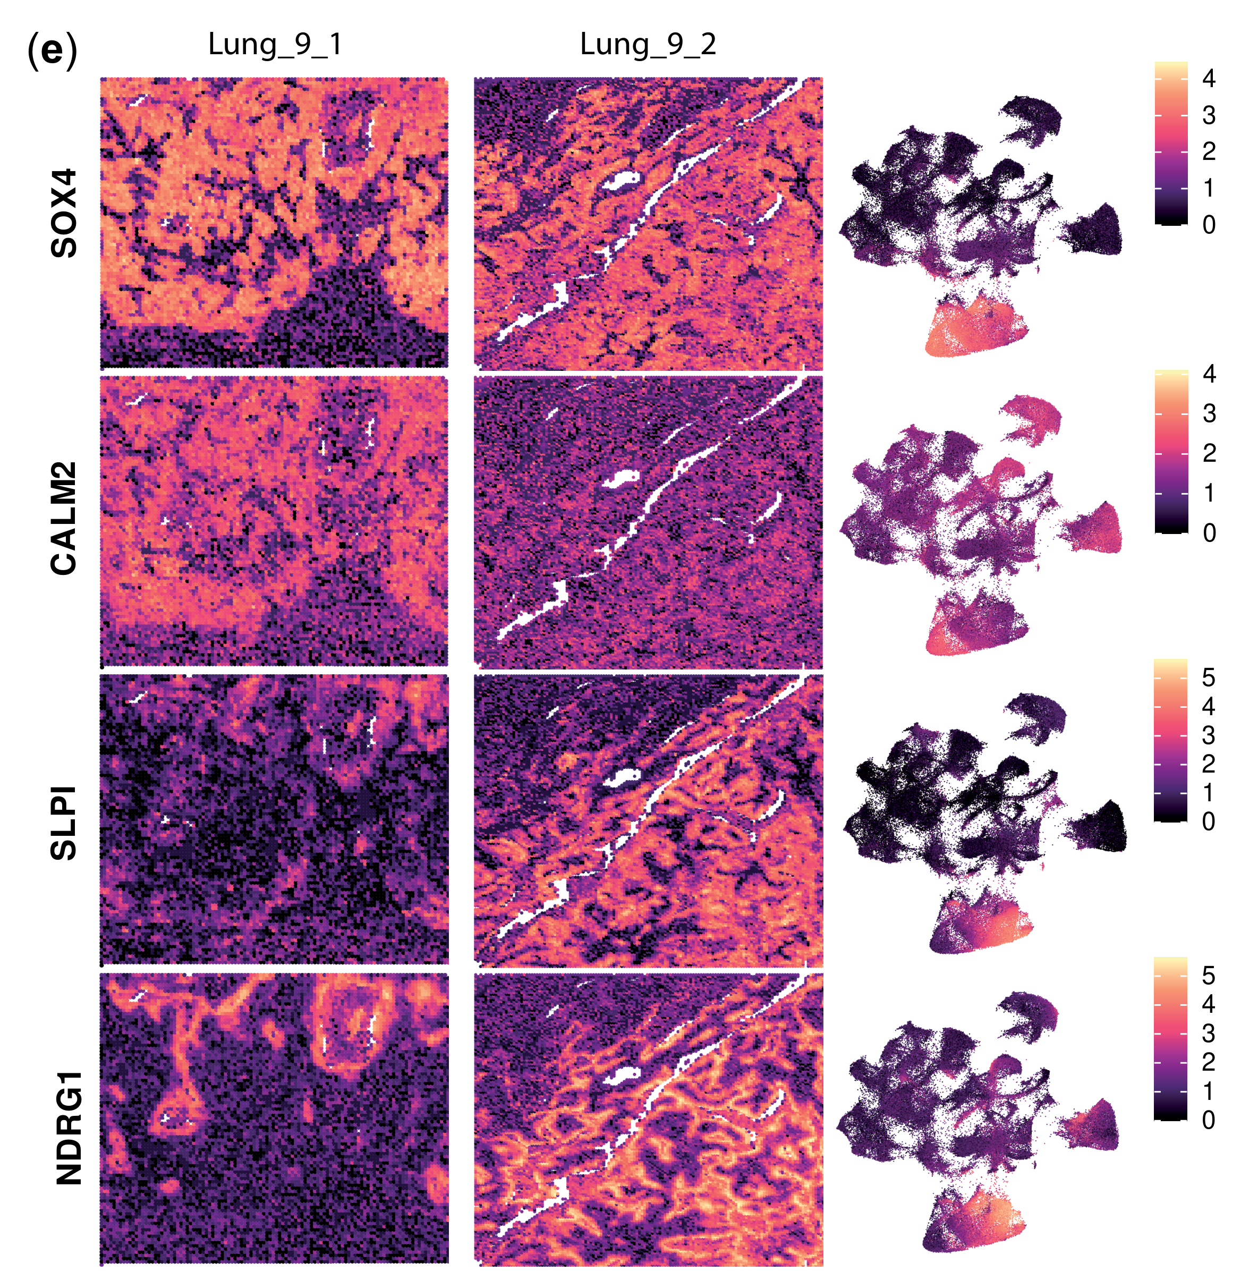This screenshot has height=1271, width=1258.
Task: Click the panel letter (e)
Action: pyautogui.click(x=52, y=52)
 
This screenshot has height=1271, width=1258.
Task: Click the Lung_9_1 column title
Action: pyautogui.click(x=275, y=45)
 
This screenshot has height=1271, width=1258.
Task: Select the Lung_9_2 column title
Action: pyautogui.click(x=648, y=45)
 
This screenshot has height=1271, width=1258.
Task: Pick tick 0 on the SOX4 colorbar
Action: pyautogui.click(x=1208, y=225)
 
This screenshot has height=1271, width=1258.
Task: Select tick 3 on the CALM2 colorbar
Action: pyautogui.click(x=1208, y=414)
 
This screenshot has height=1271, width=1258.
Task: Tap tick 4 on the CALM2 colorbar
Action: pyautogui.click(x=1208, y=374)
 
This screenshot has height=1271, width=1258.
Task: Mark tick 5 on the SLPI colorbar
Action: pyautogui.click(x=1208, y=677)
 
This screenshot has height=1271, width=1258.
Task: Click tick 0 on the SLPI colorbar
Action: pyautogui.click(x=1208, y=821)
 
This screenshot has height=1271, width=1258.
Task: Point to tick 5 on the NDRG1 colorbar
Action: pyautogui.click(x=1208, y=975)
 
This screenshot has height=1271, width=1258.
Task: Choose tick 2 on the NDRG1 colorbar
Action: pyautogui.click(x=1208, y=1061)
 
